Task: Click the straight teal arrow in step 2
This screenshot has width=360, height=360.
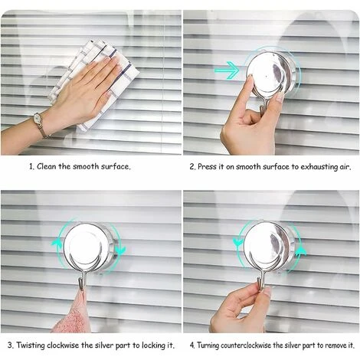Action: [x=227, y=70]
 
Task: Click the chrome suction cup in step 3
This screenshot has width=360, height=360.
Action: [x=89, y=247]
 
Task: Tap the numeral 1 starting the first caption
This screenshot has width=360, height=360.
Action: [x=31, y=167]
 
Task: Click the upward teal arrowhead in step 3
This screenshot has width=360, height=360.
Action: [x=57, y=242]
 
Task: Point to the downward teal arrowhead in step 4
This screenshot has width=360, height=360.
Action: [x=238, y=241]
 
